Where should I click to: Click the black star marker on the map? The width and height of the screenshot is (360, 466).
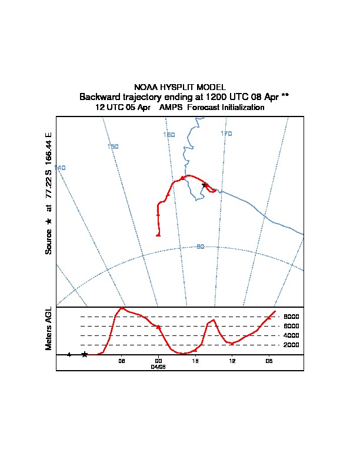(205, 185)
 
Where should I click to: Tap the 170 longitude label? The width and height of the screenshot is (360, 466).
(226, 134)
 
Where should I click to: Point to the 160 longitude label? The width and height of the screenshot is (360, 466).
(169, 135)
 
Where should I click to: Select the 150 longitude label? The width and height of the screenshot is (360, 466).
(114, 146)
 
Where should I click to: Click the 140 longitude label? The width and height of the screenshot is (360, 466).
(60, 168)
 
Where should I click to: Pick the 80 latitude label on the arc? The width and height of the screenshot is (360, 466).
(200, 247)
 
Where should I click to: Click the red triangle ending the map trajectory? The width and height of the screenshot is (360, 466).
(158, 235)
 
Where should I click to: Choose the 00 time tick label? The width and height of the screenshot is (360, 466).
(158, 361)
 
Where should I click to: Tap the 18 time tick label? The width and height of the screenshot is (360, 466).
(195, 361)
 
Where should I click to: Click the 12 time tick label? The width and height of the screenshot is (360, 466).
(232, 361)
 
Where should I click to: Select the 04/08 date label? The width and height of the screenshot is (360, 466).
(158, 366)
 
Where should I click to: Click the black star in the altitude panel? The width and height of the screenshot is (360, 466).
(85, 354)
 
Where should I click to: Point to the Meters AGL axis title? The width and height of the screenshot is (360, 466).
(49, 328)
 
